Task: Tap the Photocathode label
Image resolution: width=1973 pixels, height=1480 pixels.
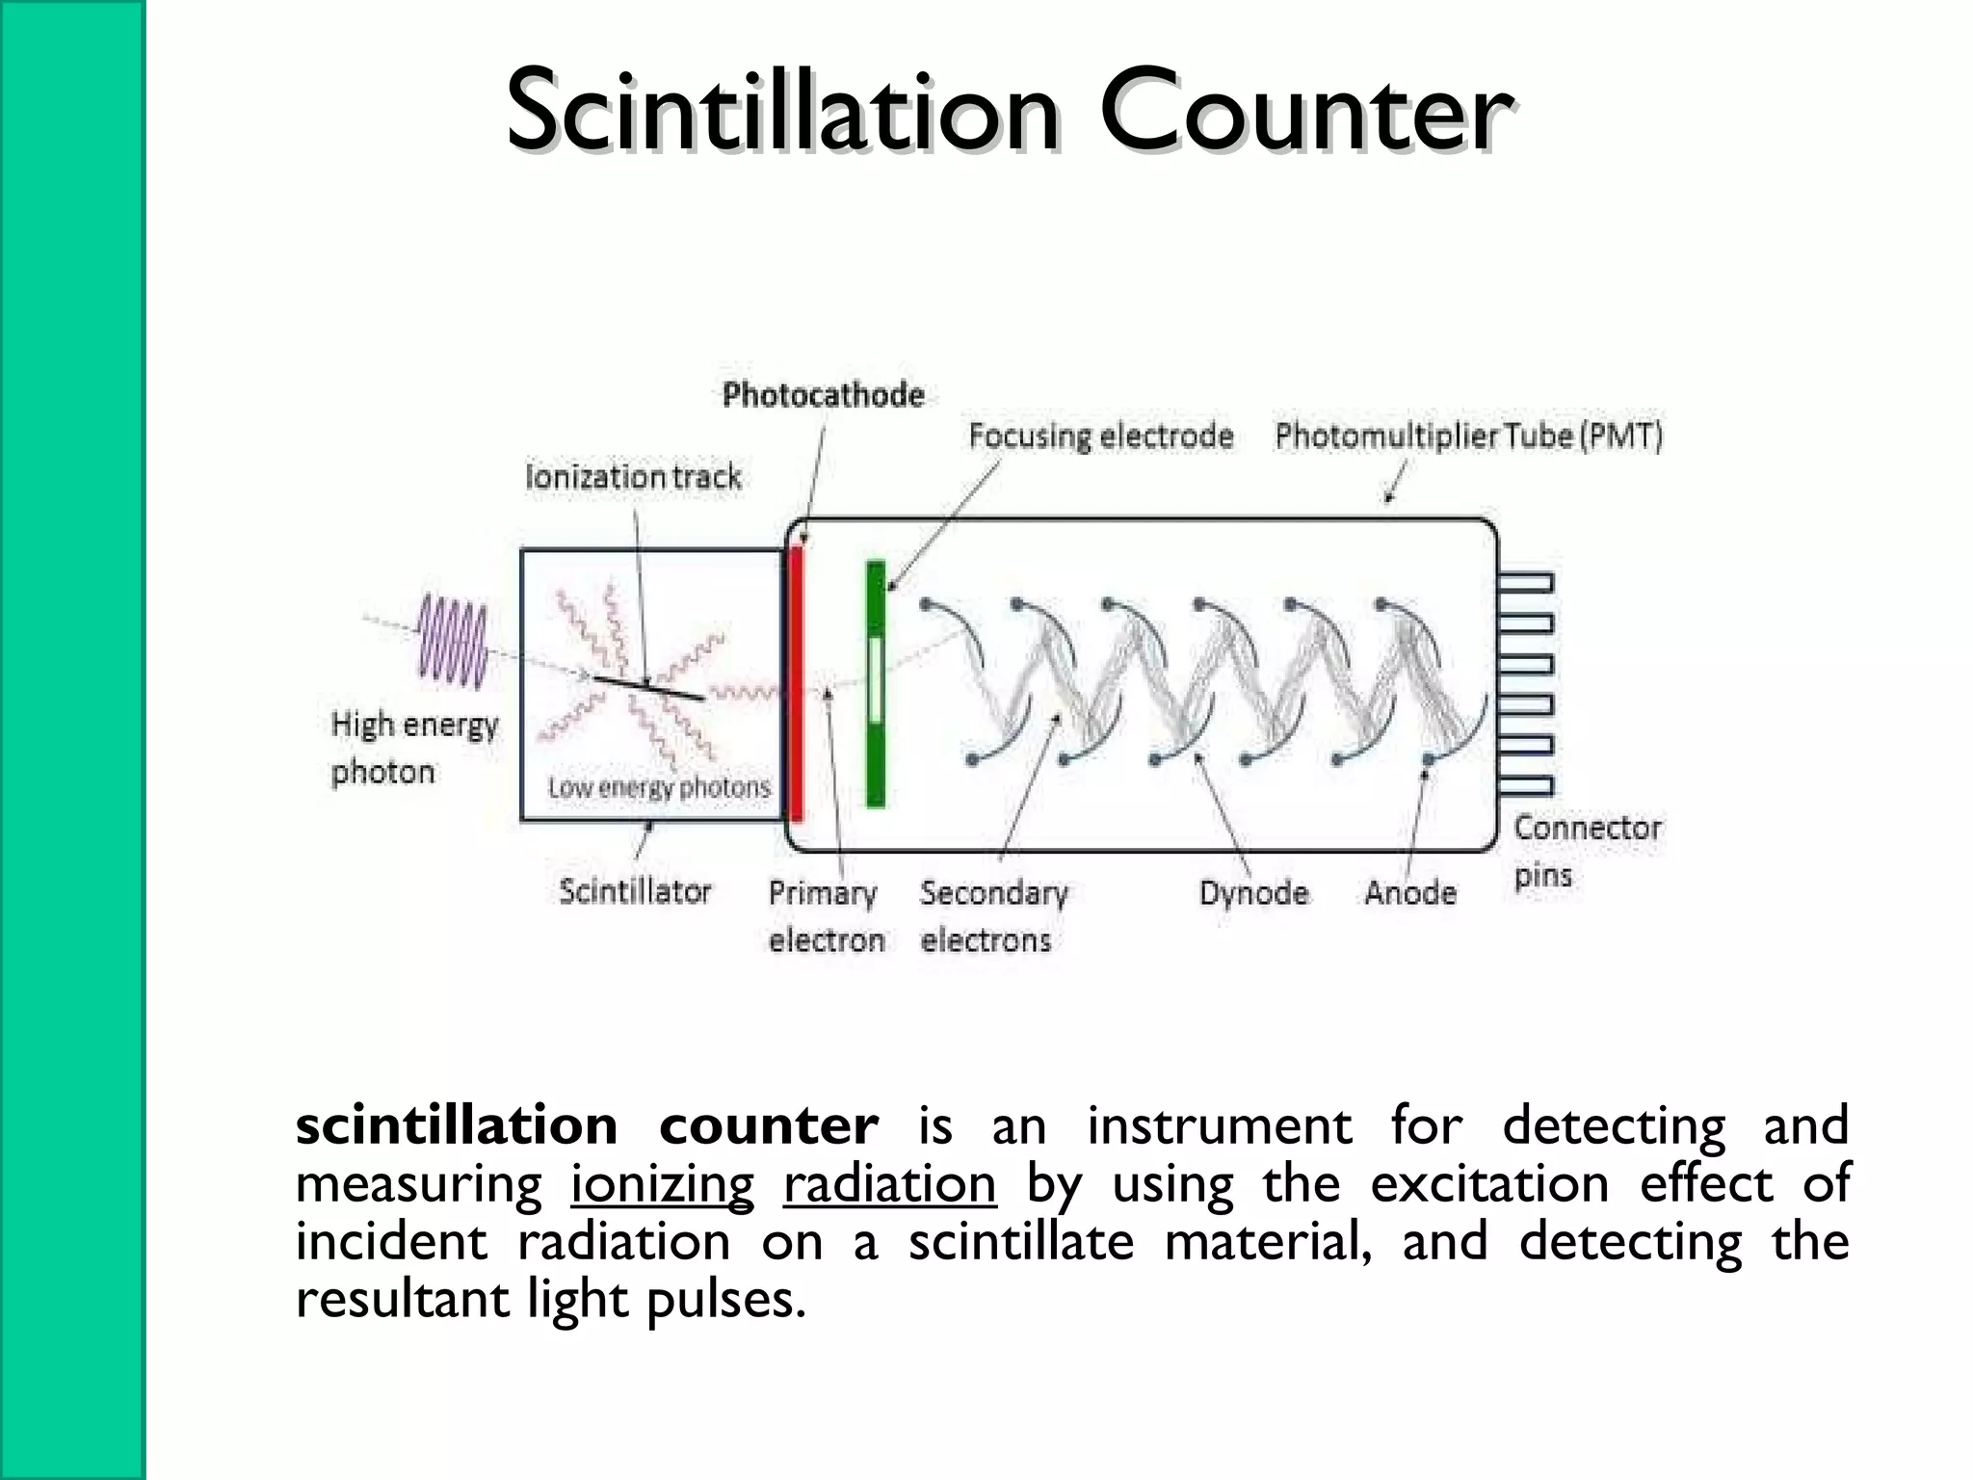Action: pyautogui.click(x=824, y=395)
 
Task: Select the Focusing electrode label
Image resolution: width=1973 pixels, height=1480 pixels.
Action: pyautogui.click(x=1100, y=436)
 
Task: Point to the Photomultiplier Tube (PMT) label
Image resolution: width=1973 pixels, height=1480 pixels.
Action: pyautogui.click(x=1469, y=436)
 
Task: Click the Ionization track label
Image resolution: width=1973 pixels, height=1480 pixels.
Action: pyautogui.click(x=634, y=477)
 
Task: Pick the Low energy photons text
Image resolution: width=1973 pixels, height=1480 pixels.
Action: pyautogui.click(x=660, y=788)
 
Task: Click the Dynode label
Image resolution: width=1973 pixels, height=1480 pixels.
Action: pyautogui.click(x=1253, y=893)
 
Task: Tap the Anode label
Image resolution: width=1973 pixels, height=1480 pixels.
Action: pyautogui.click(x=1410, y=893)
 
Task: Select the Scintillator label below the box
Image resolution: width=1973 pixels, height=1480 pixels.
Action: pyautogui.click(x=635, y=891)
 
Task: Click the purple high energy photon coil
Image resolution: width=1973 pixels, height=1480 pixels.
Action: pyautogui.click(x=453, y=641)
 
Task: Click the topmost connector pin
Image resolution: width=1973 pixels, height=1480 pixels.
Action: pyautogui.click(x=1526, y=582)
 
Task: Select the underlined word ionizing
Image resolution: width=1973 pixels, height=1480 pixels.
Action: pyautogui.click(x=662, y=1184)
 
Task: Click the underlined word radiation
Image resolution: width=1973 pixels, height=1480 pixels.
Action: pyautogui.click(x=889, y=1184)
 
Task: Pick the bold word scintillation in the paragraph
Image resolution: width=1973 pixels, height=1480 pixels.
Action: pyautogui.click(x=457, y=1125)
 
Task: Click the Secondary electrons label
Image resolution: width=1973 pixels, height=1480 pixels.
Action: pyautogui.click(x=992, y=916)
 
